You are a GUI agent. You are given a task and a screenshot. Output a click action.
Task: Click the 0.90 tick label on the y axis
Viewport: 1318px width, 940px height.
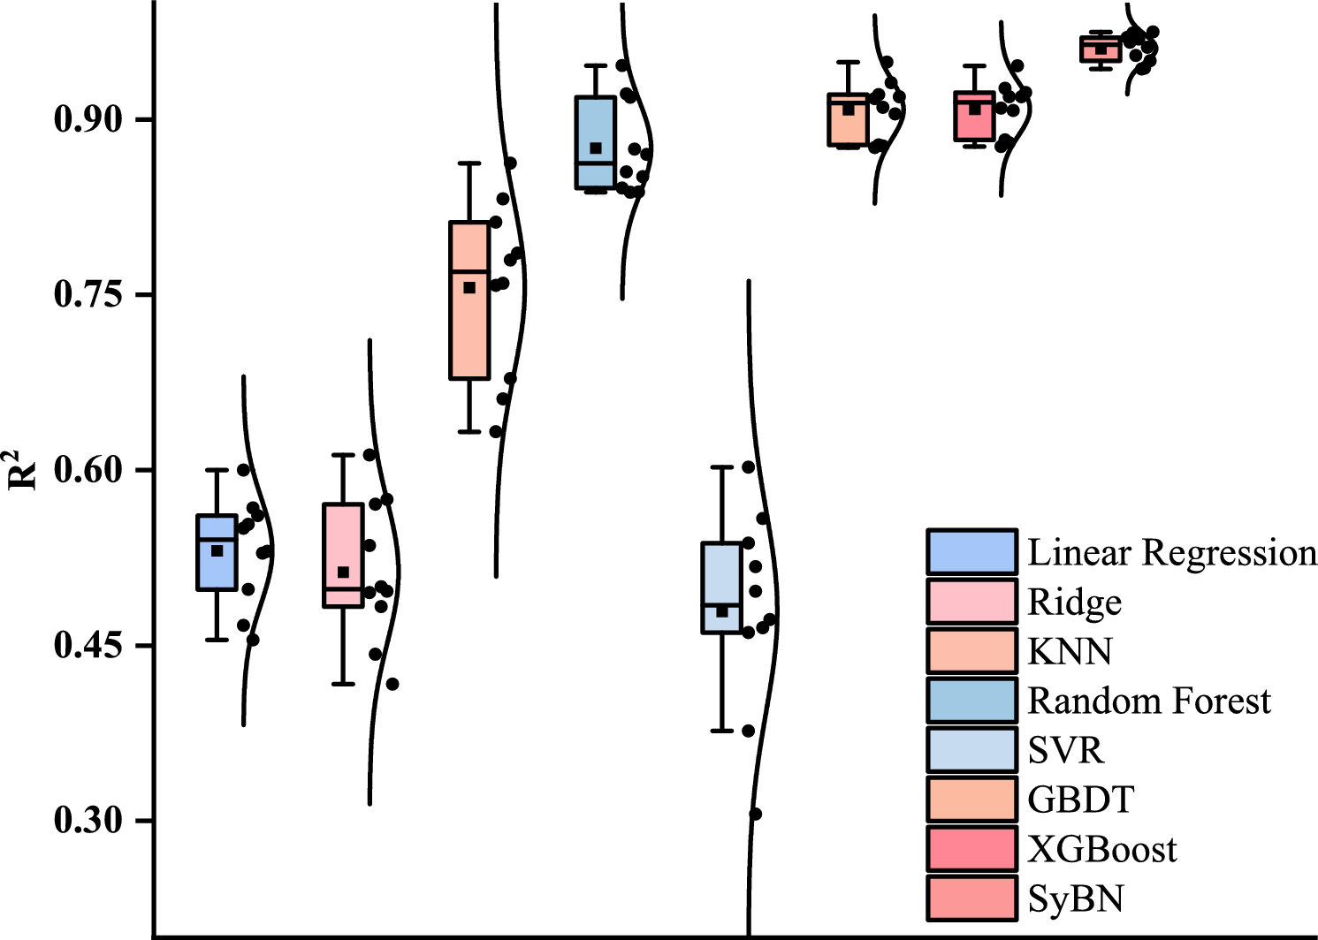click(x=88, y=119)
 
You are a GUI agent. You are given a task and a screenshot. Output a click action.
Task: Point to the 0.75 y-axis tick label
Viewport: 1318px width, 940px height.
click(x=88, y=294)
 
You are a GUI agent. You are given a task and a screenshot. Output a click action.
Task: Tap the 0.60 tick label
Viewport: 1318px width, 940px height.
click(x=88, y=470)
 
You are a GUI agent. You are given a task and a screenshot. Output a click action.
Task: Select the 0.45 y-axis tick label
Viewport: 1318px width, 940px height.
click(x=88, y=645)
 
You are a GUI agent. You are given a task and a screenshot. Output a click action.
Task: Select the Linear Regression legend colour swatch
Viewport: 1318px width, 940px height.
click(x=971, y=552)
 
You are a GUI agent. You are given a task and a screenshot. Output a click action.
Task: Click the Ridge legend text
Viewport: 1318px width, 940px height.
click(x=1074, y=603)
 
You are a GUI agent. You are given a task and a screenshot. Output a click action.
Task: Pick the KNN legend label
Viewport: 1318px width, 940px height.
click(x=1070, y=652)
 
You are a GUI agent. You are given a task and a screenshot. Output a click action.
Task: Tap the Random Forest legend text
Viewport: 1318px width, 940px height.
click(x=1148, y=701)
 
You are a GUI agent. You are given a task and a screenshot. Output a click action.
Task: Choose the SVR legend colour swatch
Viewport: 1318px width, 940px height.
click(x=971, y=750)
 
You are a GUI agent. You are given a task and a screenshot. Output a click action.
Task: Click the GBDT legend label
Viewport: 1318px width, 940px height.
click(x=1080, y=800)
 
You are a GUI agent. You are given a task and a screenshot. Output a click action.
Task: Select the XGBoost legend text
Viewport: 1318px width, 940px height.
click(x=1101, y=850)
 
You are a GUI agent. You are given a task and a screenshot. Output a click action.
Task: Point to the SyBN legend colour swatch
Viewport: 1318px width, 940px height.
click(x=971, y=898)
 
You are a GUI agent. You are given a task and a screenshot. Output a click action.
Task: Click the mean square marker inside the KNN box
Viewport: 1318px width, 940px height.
click(x=469, y=288)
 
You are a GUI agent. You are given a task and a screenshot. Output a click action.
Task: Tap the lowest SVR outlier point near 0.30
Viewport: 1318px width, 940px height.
click(x=755, y=814)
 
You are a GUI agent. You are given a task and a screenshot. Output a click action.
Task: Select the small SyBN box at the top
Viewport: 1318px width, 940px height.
click(x=1101, y=49)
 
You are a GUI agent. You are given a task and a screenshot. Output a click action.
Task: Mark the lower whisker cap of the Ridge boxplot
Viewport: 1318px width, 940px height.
click(x=343, y=684)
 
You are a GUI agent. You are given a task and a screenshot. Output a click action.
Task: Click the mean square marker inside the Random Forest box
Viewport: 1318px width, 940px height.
click(x=596, y=148)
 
